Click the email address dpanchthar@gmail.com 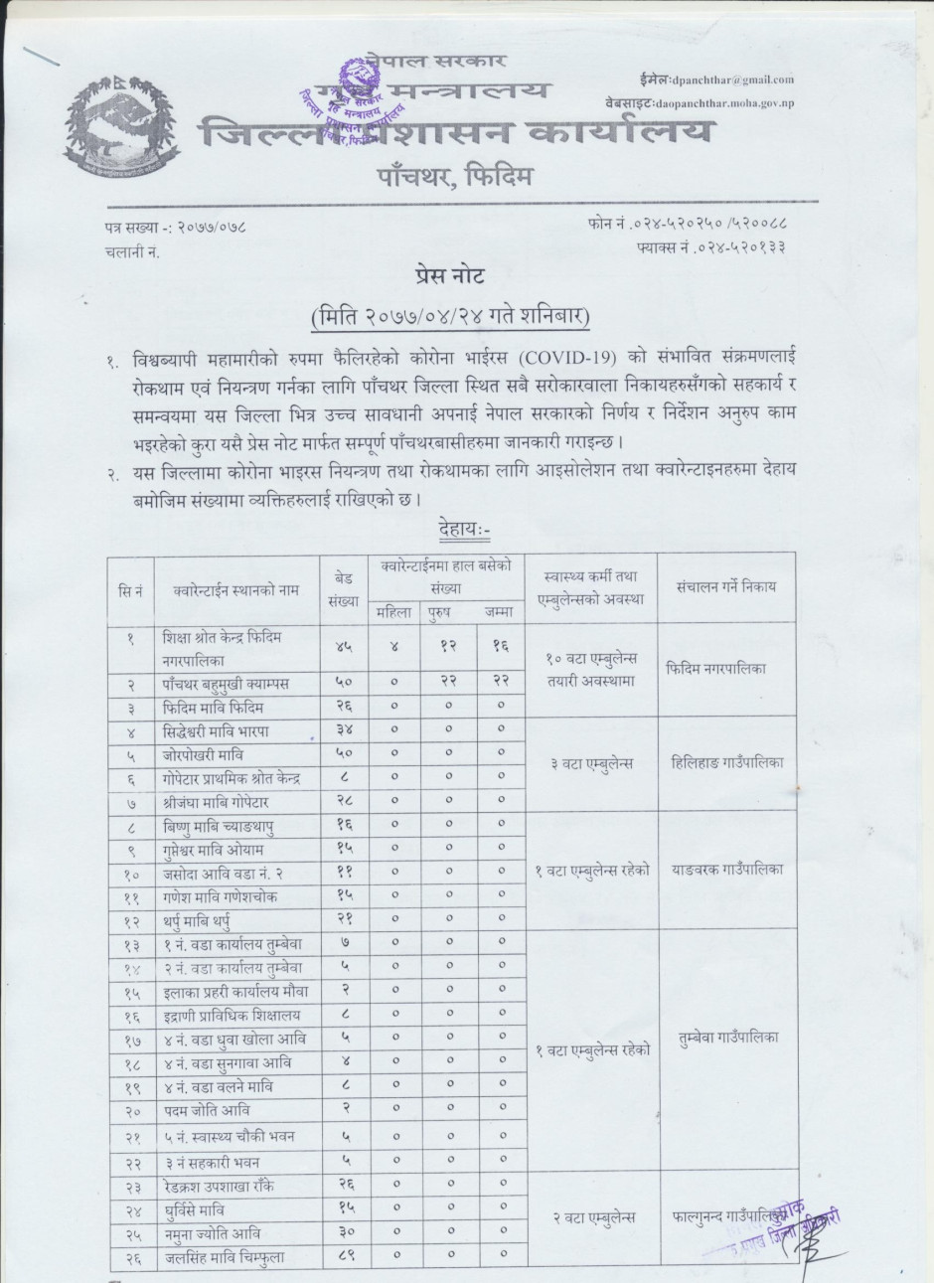tap(734, 80)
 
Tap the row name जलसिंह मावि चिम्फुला tap(225, 1256)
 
